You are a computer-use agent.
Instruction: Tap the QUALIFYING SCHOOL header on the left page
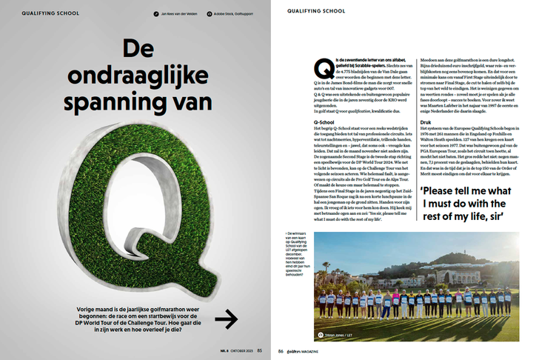click(44, 13)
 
